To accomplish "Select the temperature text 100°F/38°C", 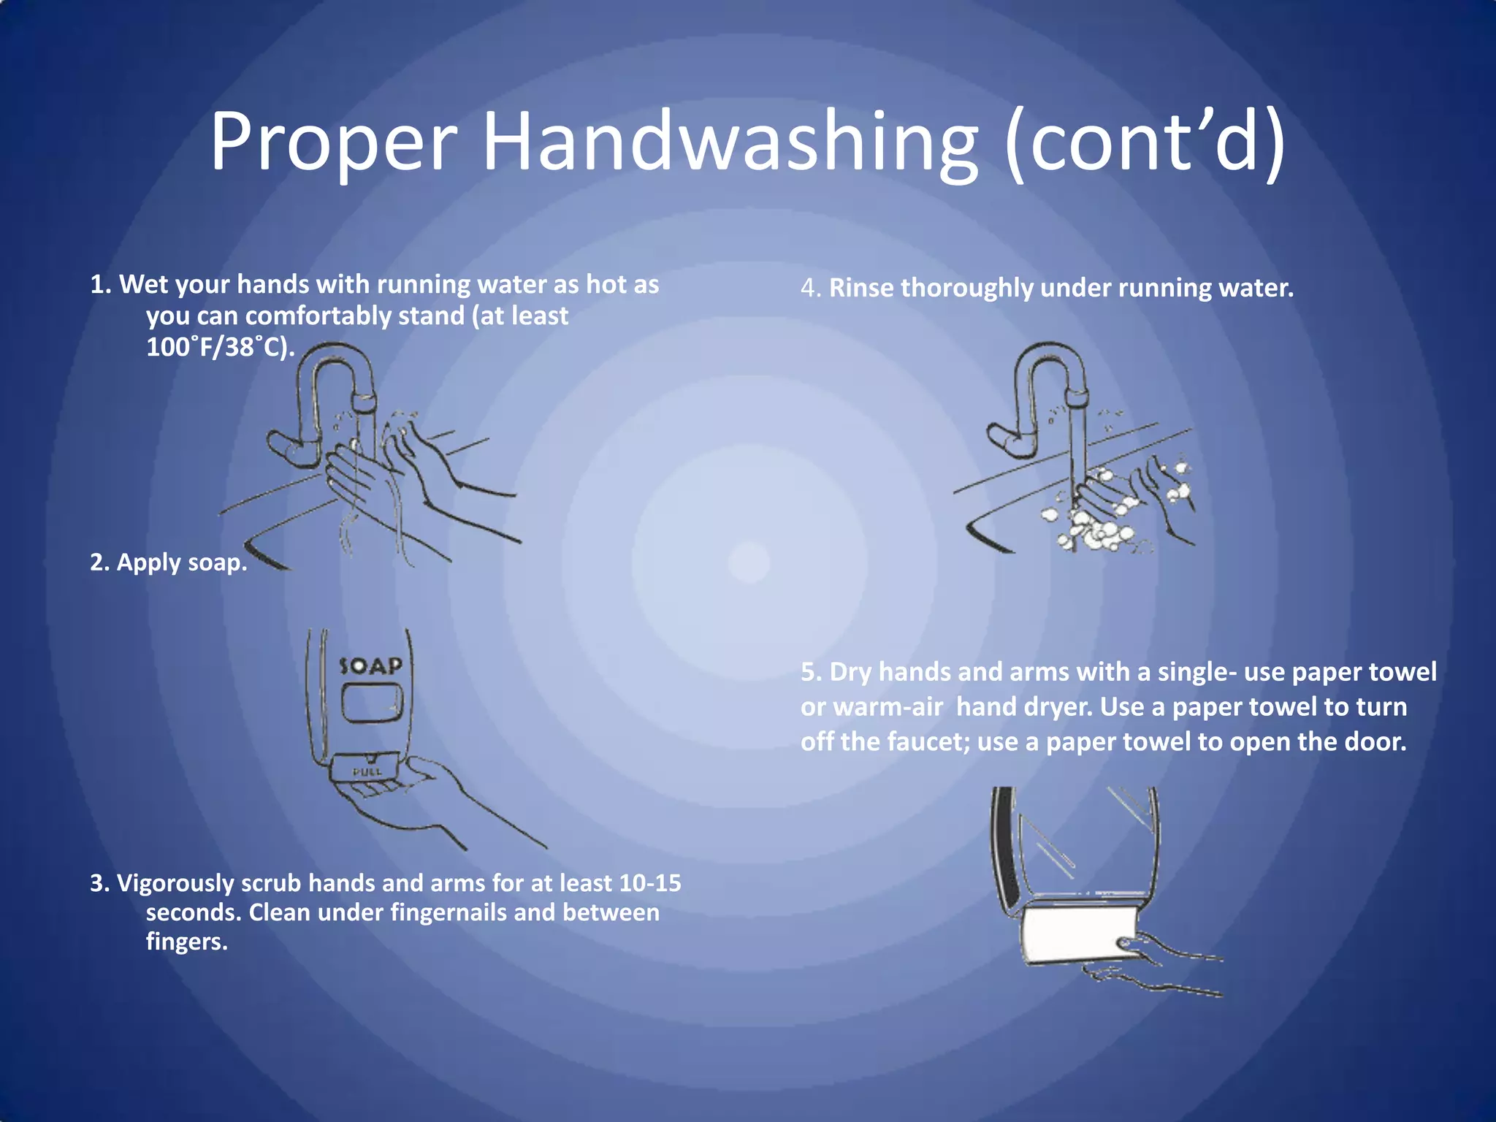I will tap(219, 346).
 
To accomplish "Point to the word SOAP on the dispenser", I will tap(371, 666).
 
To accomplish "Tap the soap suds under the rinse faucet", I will tap(1096, 530).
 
